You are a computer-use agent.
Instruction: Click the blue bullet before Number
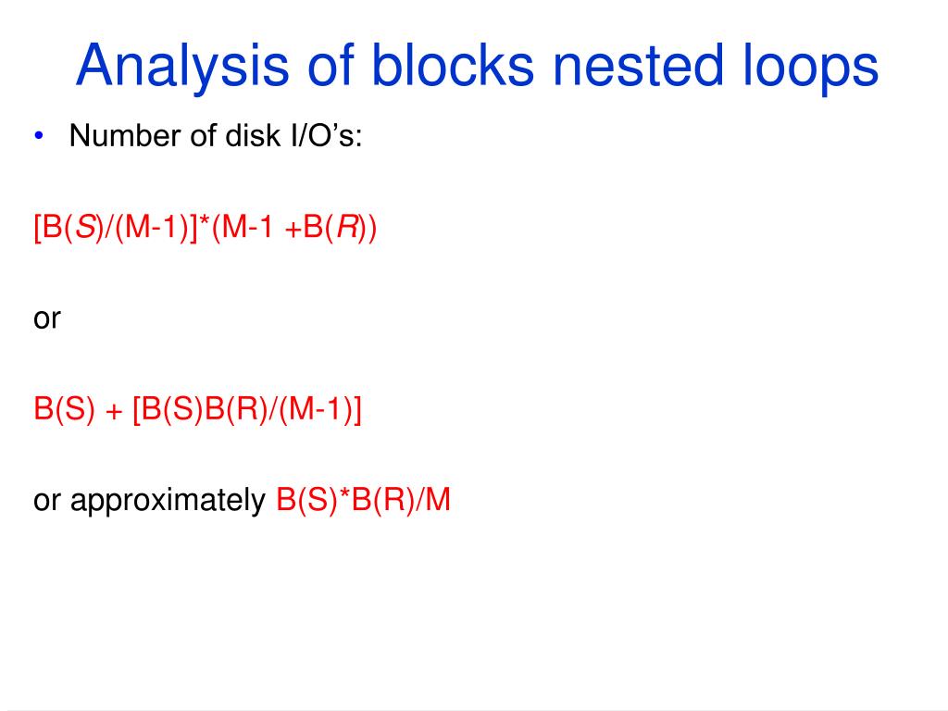(39, 137)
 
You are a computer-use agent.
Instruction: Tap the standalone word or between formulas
(47, 318)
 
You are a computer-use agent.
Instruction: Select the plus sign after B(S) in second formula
(115, 410)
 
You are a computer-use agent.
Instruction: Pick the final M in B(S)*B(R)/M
(437, 501)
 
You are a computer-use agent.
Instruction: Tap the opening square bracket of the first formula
(38, 228)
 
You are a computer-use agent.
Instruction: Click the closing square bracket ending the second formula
(356, 410)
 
